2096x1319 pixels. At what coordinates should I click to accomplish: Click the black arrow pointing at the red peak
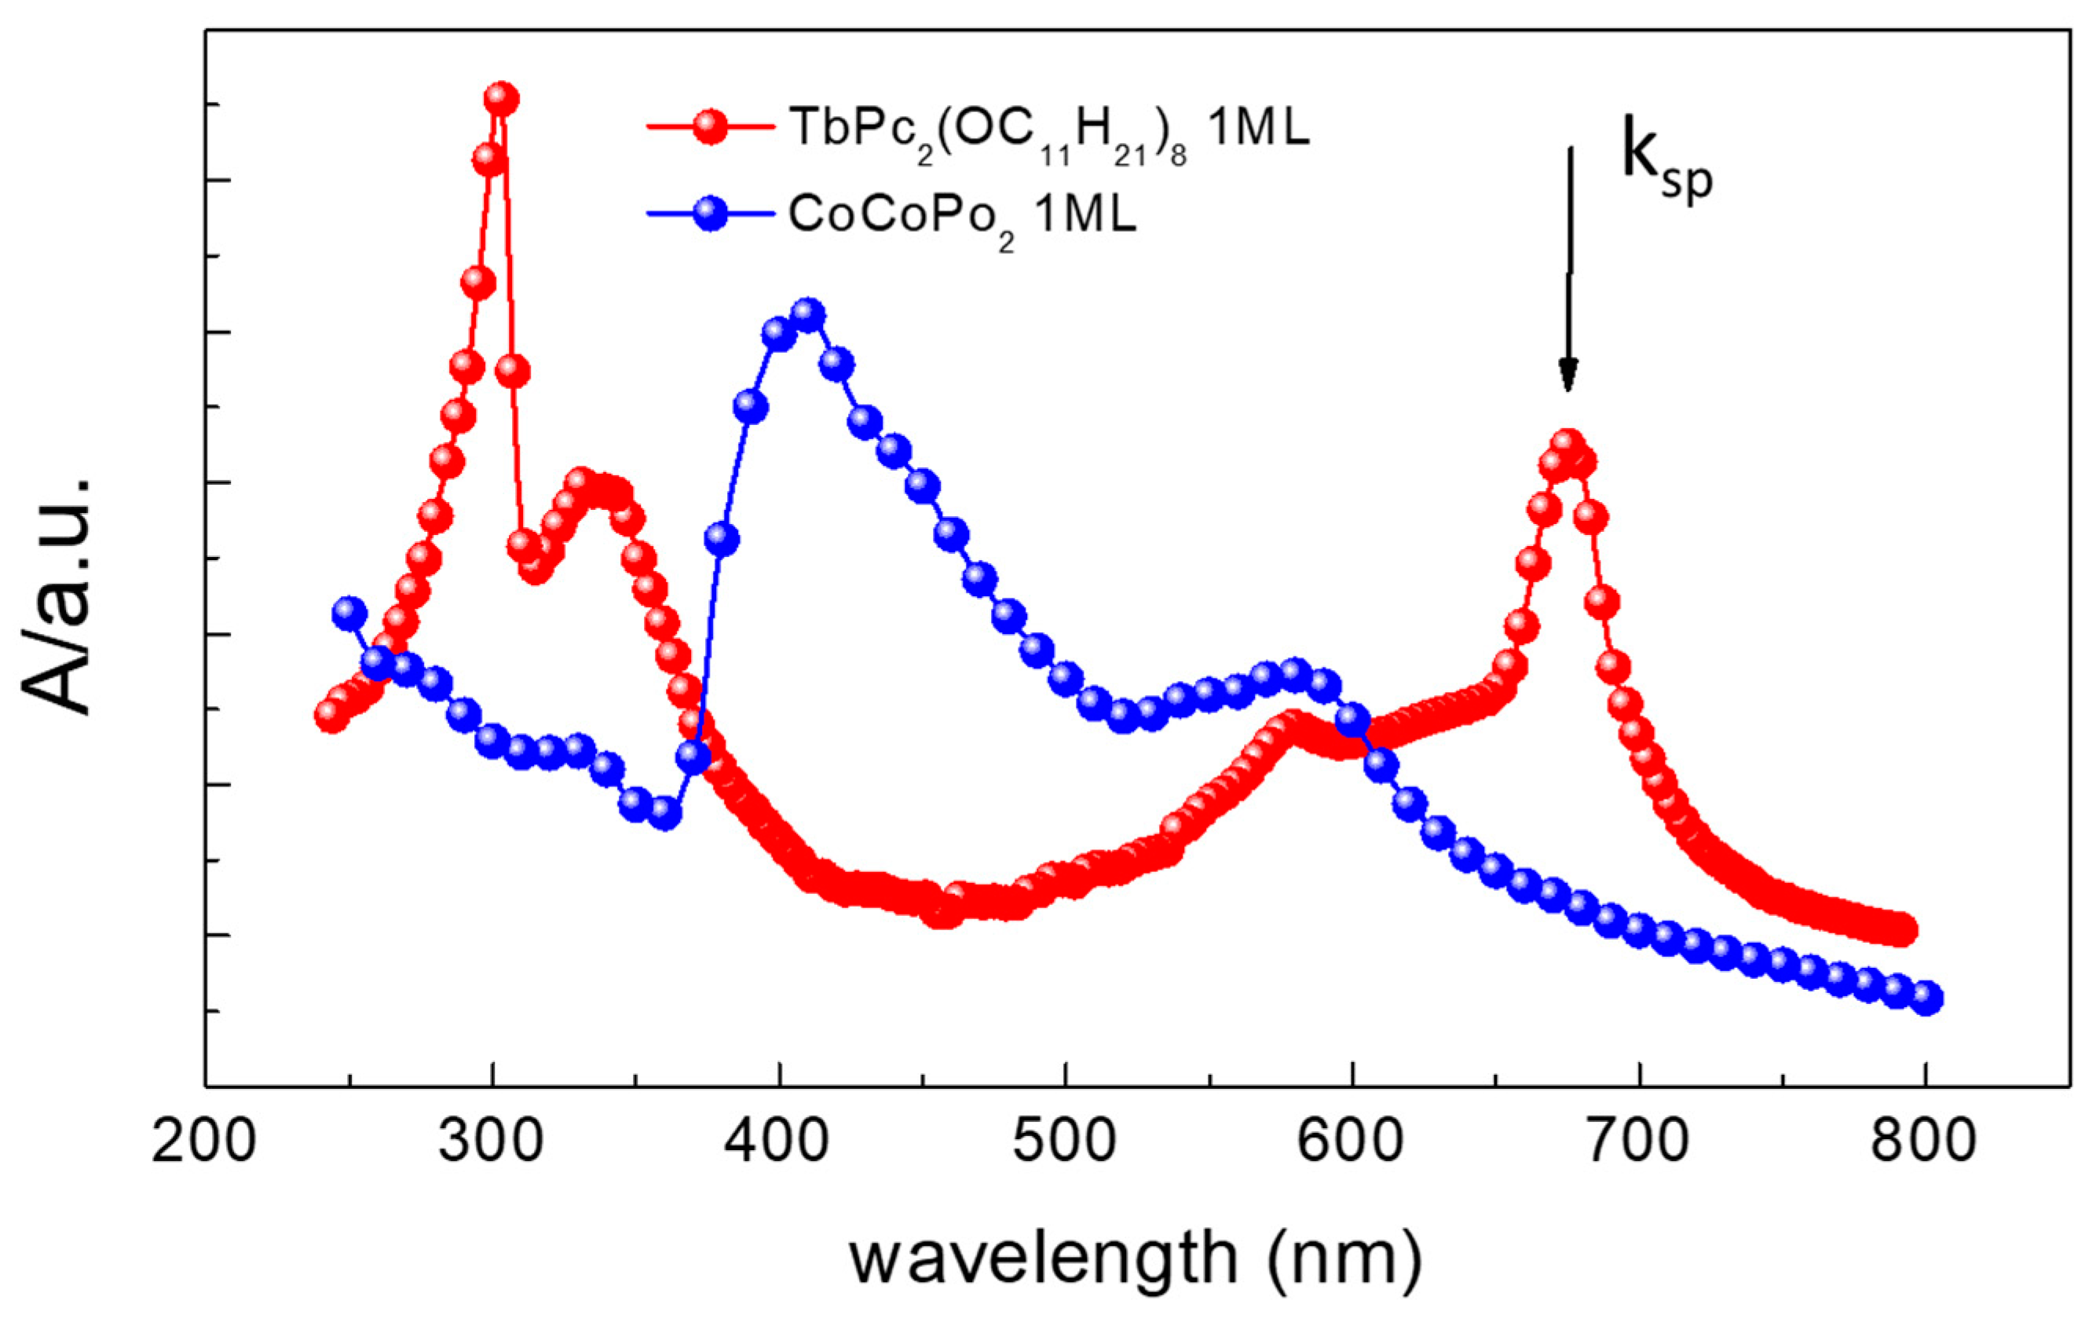pos(1568,270)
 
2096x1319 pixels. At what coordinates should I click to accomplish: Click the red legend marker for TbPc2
pos(711,127)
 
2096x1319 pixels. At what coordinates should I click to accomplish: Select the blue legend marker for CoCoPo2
pos(711,214)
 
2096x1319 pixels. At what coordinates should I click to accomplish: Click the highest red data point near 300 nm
pos(501,99)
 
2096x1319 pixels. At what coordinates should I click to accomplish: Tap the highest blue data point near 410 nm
pos(809,314)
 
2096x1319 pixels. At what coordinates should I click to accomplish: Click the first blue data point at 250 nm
pos(349,614)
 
